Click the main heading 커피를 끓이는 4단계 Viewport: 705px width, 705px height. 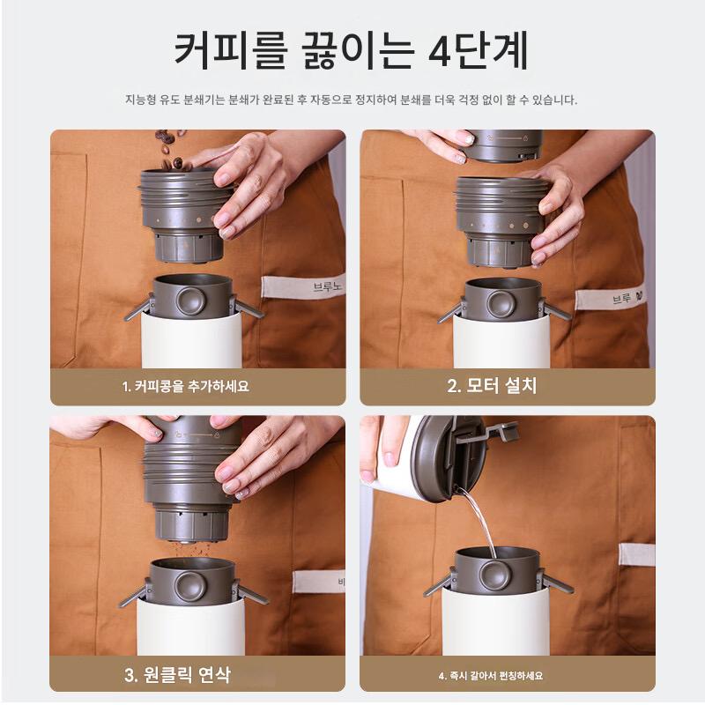point(351,51)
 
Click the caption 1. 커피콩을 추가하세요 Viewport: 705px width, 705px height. point(186,386)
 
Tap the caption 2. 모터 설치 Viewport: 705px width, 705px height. point(492,386)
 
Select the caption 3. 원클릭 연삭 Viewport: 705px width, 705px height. point(178,674)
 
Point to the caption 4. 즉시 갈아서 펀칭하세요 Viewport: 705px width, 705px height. point(491,675)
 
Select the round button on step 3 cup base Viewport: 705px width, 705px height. point(190,586)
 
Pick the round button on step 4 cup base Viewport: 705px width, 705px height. point(494,574)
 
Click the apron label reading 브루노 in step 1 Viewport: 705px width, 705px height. point(303,286)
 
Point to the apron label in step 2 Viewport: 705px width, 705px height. point(611,299)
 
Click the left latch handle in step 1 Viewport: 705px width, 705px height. point(137,308)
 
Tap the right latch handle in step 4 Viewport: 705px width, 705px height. point(558,582)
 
